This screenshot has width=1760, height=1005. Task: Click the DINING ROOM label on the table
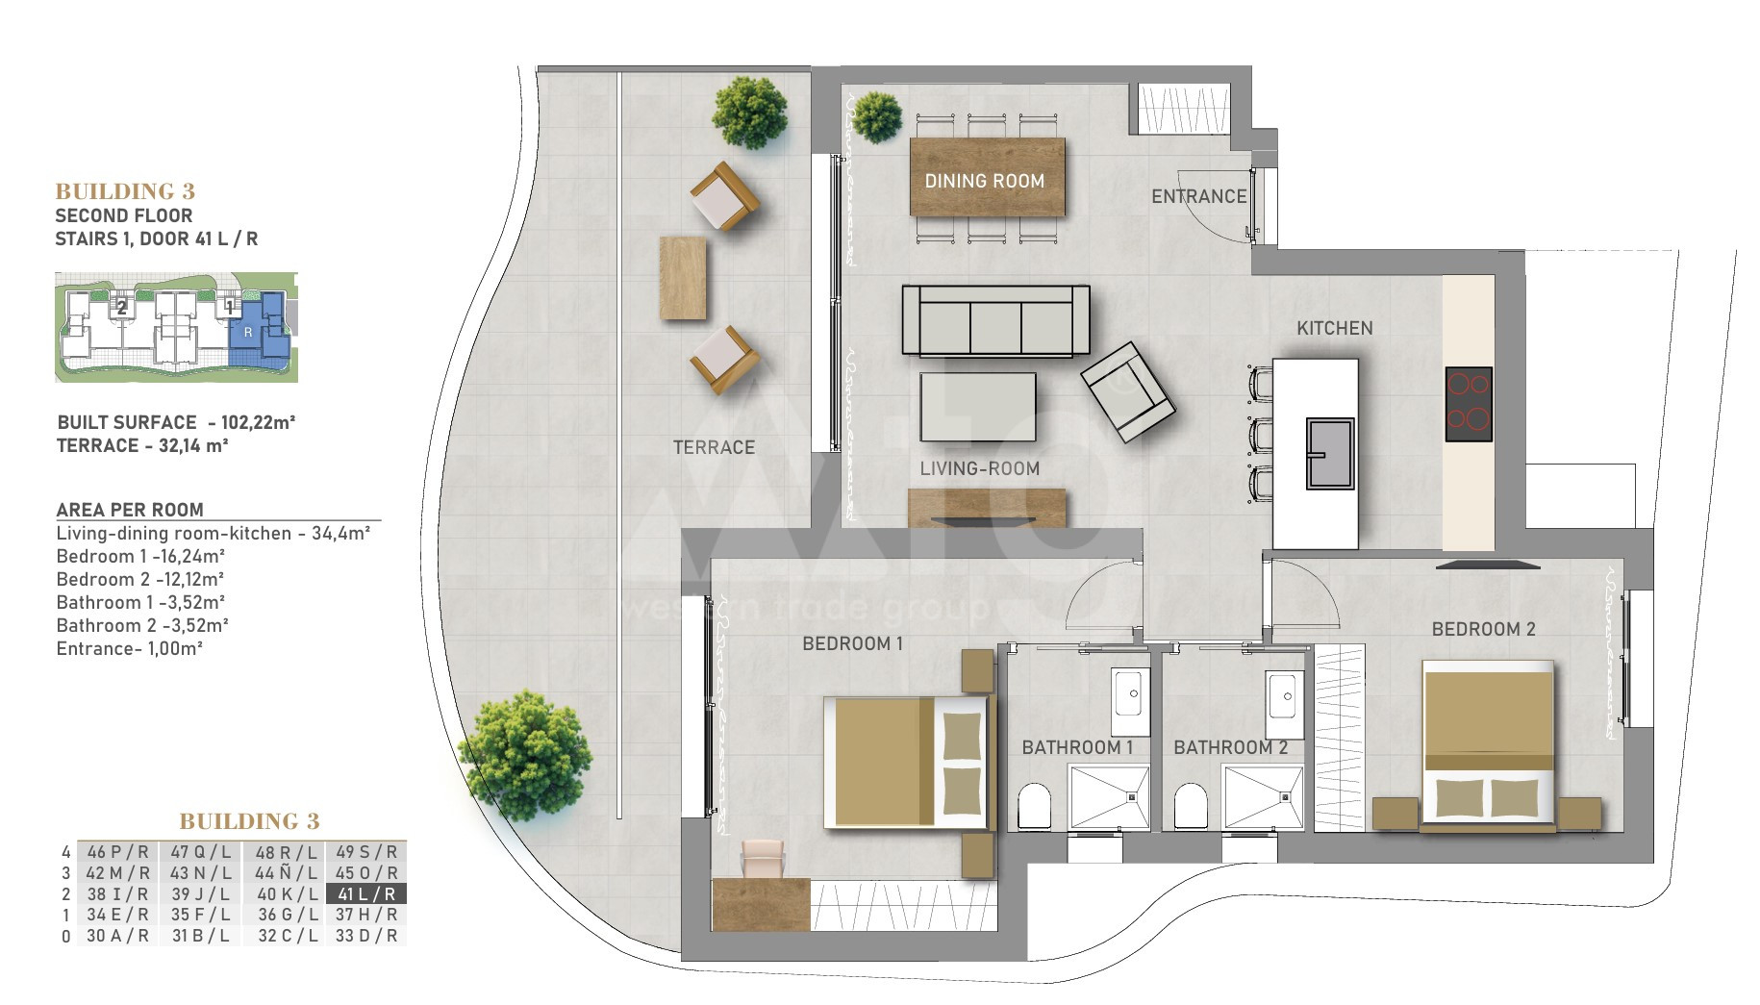[x=984, y=181]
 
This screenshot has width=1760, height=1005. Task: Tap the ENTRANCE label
[x=1198, y=196]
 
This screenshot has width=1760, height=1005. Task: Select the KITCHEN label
[x=1334, y=328]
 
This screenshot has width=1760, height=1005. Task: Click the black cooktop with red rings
[x=1469, y=404]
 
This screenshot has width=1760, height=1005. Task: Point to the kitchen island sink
[x=1330, y=454]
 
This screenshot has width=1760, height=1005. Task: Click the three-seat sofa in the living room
[x=995, y=320]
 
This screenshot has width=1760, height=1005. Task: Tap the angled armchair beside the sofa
[x=1127, y=392]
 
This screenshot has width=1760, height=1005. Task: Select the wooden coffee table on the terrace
[x=683, y=278]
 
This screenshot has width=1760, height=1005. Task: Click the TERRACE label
[x=714, y=447]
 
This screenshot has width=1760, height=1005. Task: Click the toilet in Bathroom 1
[x=1035, y=806]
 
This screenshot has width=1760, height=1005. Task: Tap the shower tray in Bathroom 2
[x=1263, y=796]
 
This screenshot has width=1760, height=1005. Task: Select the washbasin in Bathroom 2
[x=1286, y=693]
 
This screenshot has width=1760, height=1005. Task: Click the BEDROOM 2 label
[x=1483, y=629]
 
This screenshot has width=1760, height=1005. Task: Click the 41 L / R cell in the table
[x=366, y=893]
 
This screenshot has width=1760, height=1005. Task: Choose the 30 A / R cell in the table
[x=117, y=936]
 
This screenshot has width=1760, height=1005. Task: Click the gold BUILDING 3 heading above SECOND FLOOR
[x=125, y=191]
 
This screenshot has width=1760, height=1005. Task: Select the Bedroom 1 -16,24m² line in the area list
[x=140, y=556]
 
